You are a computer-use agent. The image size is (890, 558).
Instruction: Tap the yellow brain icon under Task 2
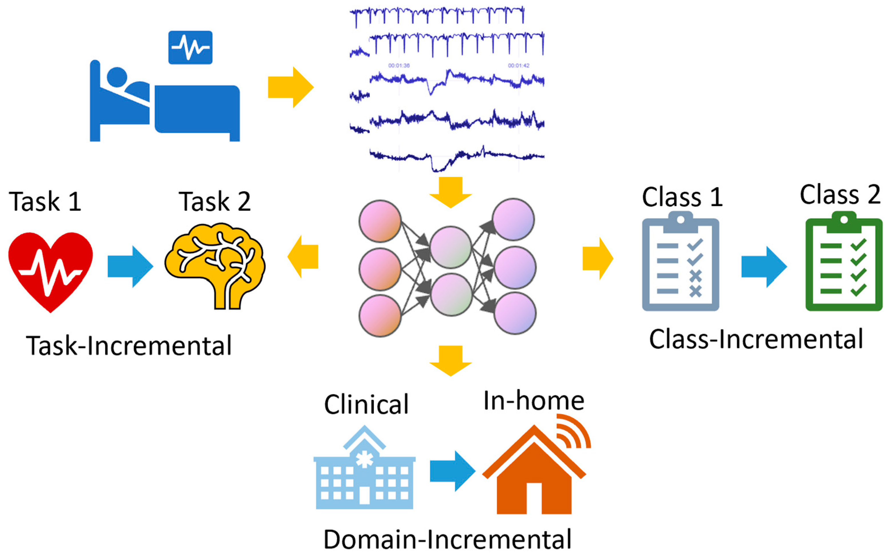coord(215,264)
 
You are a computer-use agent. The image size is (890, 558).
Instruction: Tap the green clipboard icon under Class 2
coord(844,263)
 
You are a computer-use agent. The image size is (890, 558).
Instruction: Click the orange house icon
coord(533,476)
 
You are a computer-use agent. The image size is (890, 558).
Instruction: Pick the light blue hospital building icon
coord(364,472)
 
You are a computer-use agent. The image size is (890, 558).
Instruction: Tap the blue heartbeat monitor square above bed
coord(190,48)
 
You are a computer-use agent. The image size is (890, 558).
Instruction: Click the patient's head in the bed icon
coord(117,77)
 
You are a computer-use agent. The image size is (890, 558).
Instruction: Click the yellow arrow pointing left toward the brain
coord(303,257)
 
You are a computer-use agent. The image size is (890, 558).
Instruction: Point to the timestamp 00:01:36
coord(399,66)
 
